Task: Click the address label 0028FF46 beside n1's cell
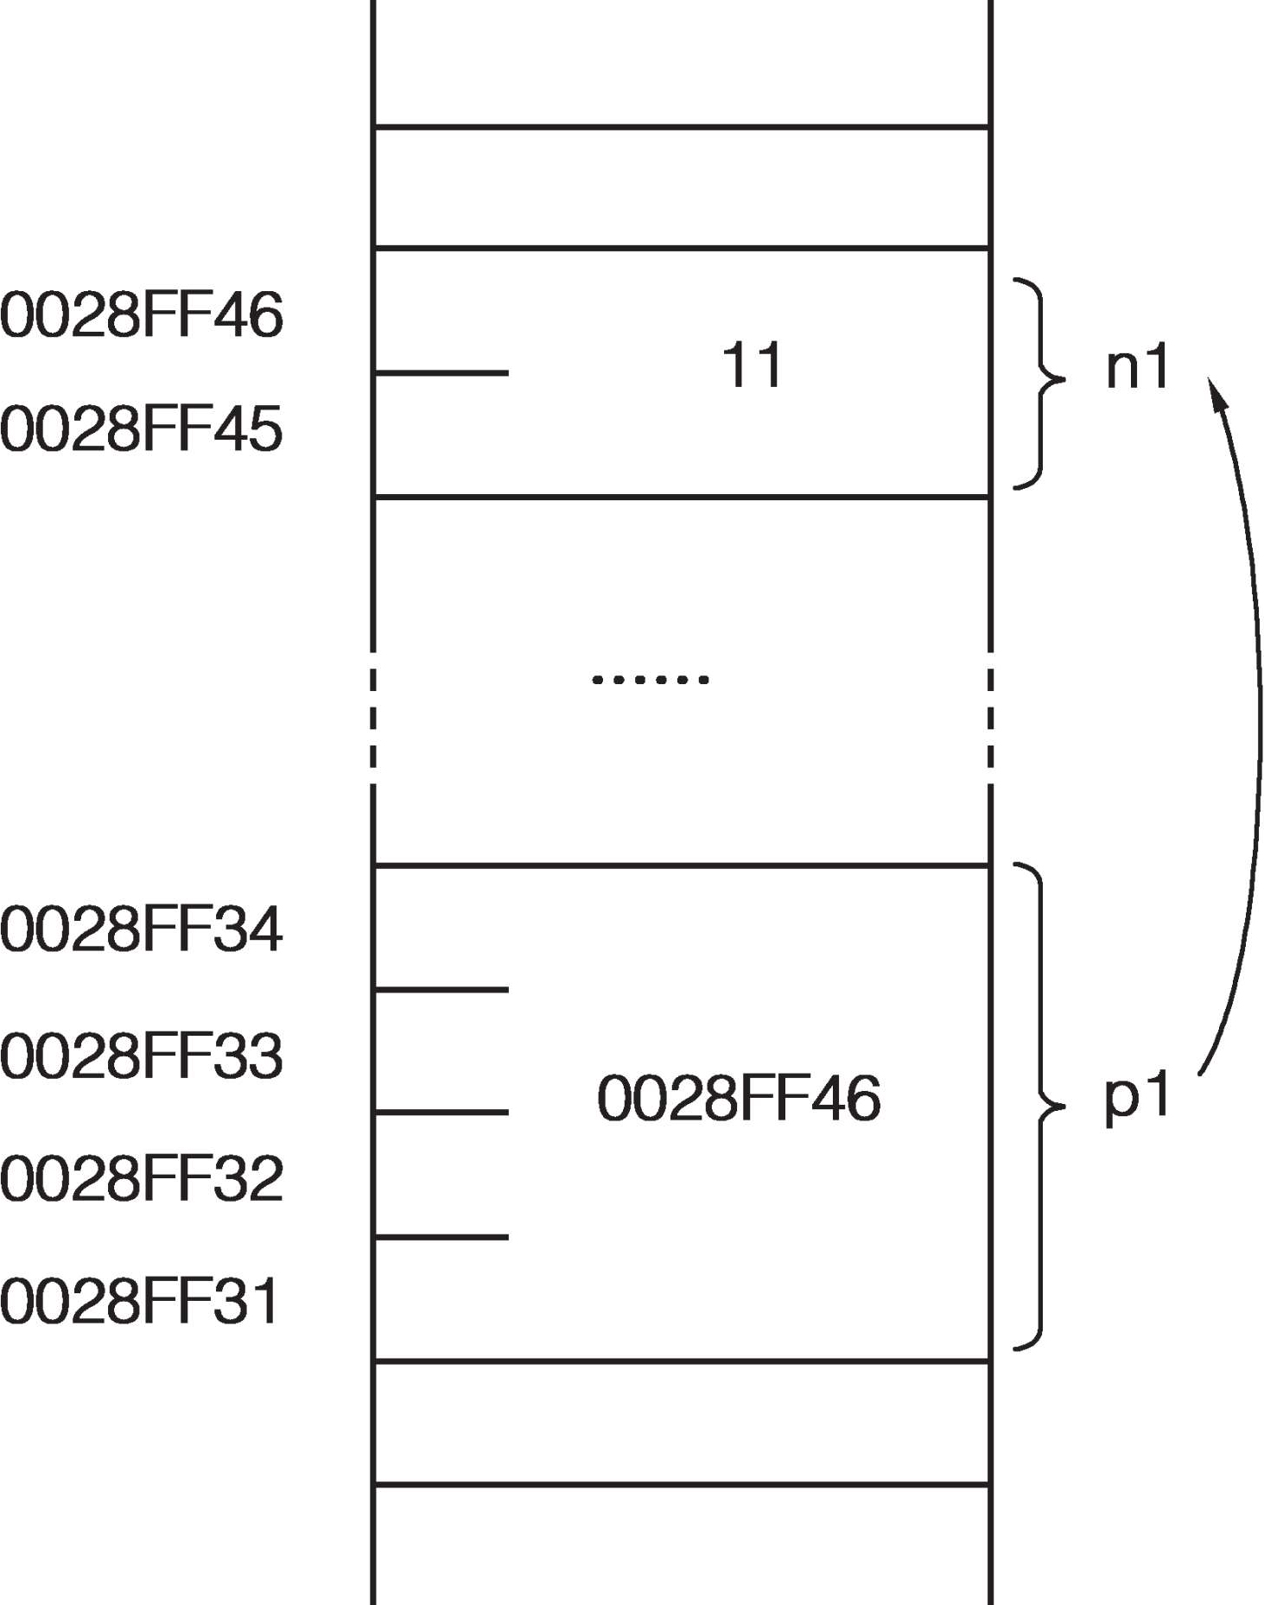pyautogui.click(x=142, y=314)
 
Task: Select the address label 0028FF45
pyautogui.click(x=142, y=428)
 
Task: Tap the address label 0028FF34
pyautogui.click(x=142, y=929)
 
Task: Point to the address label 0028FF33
pyautogui.click(x=142, y=1056)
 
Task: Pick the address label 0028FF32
pyautogui.click(x=142, y=1178)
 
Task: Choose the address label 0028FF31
pyautogui.click(x=140, y=1301)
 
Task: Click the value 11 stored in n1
pyautogui.click(x=752, y=365)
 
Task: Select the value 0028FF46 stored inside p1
pyautogui.click(x=739, y=1099)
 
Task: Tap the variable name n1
pyautogui.click(x=1137, y=367)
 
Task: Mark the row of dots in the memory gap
pyautogui.click(x=650, y=680)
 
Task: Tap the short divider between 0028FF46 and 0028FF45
pyautogui.click(x=441, y=373)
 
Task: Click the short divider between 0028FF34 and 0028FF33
pyautogui.click(x=441, y=989)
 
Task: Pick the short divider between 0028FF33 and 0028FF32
pyautogui.click(x=441, y=1113)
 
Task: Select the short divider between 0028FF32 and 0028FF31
pyautogui.click(x=441, y=1237)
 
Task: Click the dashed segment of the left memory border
pyautogui.click(x=372, y=717)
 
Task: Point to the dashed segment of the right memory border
pyautogui.click(x=990, y=717)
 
